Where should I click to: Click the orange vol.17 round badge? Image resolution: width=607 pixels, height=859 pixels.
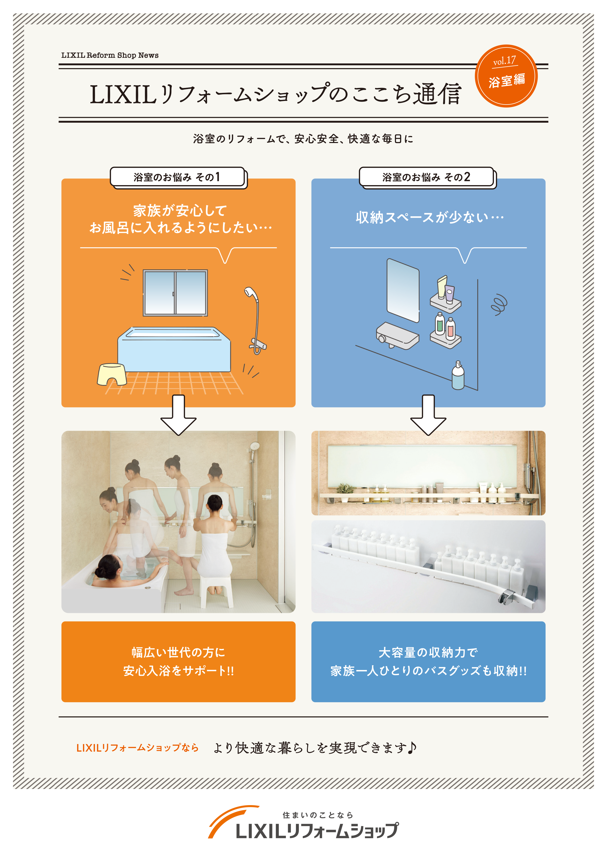tap(506, 76)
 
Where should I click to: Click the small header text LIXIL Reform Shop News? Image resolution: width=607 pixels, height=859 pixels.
tap(110, 55)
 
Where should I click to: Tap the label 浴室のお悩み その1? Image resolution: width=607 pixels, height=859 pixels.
tap(177, 177)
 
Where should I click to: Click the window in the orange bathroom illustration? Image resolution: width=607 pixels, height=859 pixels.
tap(175, 293)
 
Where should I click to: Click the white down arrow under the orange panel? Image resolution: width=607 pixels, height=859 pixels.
tap(178, 415)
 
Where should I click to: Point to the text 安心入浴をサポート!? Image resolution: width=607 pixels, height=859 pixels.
tap(178, 670)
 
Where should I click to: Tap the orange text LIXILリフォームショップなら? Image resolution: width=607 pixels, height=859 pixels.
tap(137, 748)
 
